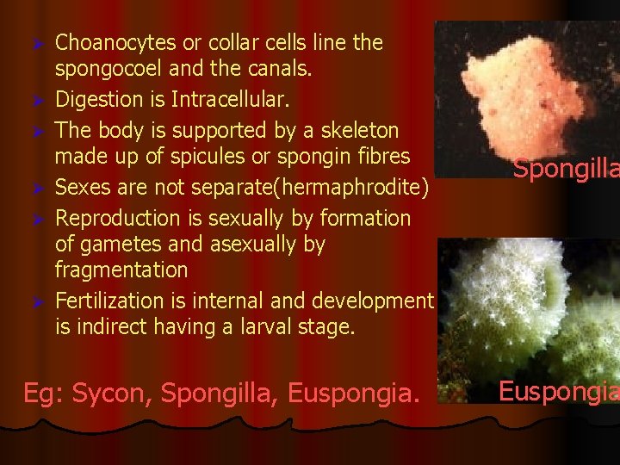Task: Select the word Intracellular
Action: click(x=231, y=100)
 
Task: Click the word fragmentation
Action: click(x=121, y=270)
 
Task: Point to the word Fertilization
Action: click(x=109, y=301)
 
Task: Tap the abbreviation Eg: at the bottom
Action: click(x=43, y=394)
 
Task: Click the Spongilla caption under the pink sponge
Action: click(x=565, y=168)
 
